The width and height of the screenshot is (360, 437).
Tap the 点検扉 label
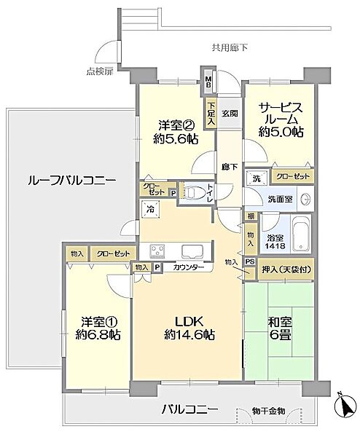tap(99, 71)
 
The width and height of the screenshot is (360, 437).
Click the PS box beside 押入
tap(250, 264)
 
